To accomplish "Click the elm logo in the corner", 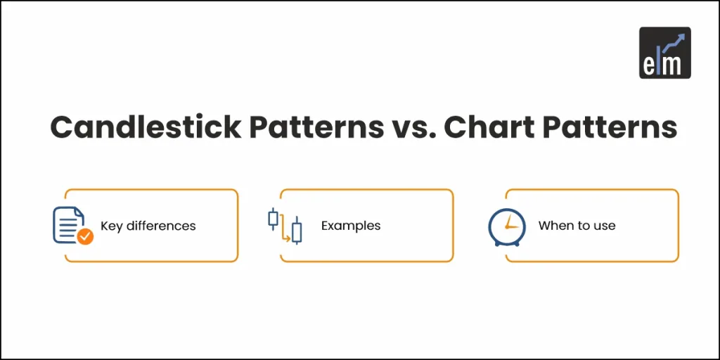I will click(664, 52).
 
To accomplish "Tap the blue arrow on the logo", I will click(675, 41).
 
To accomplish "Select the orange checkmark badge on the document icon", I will click(85, 237).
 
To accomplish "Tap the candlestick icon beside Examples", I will click(285, 226).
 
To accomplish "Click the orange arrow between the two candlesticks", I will click(285, 234).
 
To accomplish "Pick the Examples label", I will click(351, 226).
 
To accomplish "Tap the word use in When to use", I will click(604, 226).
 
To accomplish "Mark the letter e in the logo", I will click(649, 65).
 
